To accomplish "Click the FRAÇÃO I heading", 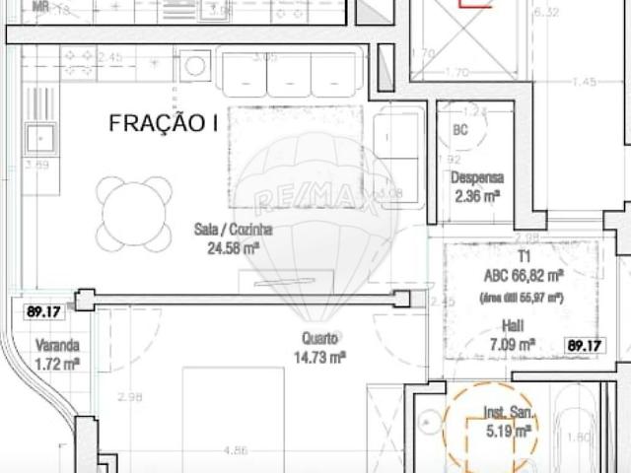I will click(x=163, y=124).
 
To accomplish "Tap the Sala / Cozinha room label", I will click(x=233, y=230).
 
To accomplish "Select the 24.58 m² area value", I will click(x=233, y=248).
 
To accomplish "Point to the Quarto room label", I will click(x=321, y=338).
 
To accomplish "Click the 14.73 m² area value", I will click(x=321, y=357).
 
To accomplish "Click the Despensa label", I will click(x=477, y=178).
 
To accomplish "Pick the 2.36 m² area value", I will click(x=477, y=196).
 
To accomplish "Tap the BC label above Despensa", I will click(x=459, y=130).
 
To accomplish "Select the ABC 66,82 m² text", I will click(x=524, y=276).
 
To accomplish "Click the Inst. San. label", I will click(x=507, y=412).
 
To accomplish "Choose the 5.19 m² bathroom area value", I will click(x=507, y=430).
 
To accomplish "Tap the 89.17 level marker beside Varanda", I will click(x=43, y=311).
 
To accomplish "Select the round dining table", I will click(x=134, y=214).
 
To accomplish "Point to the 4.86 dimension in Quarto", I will click(x=235, y=450).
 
